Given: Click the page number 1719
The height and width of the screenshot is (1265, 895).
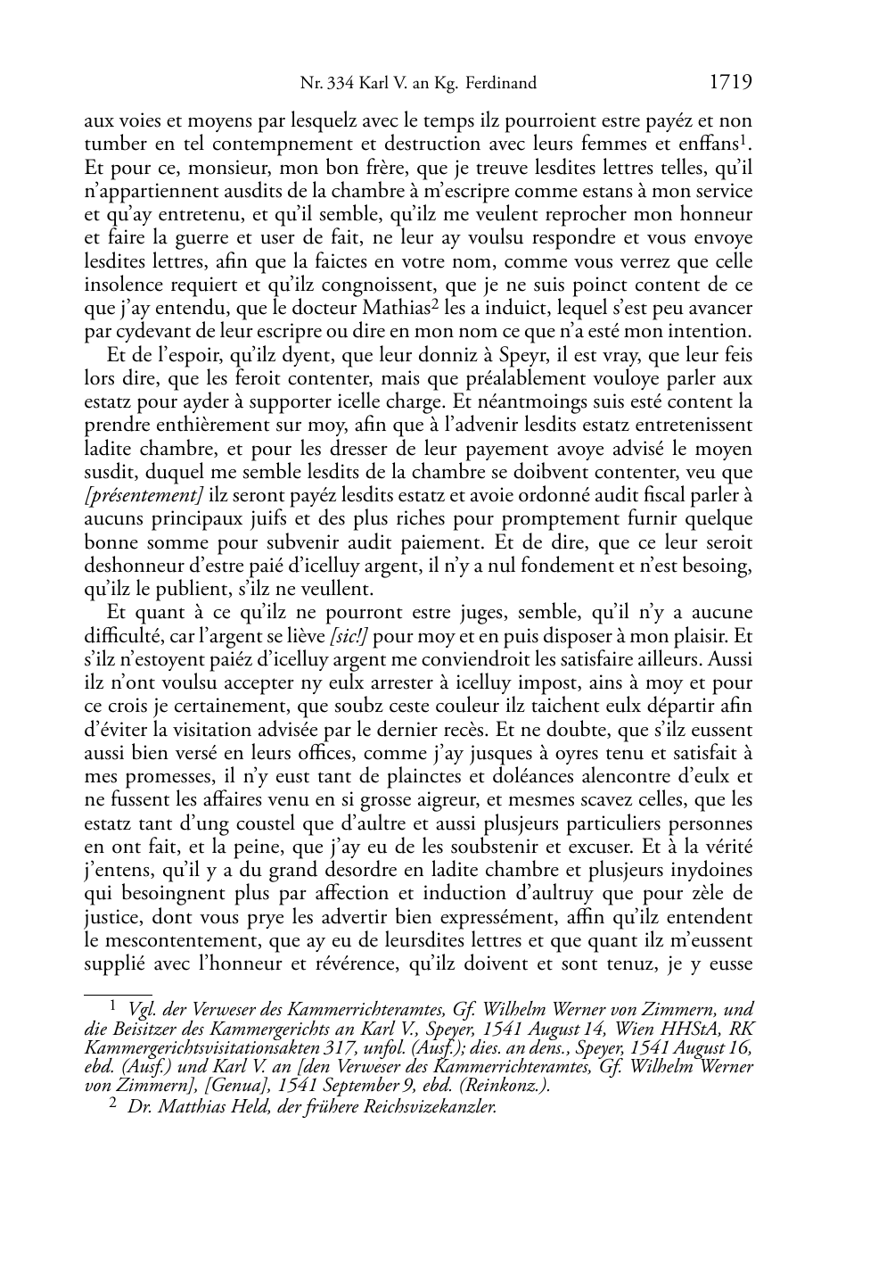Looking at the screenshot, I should coord(731,83).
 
